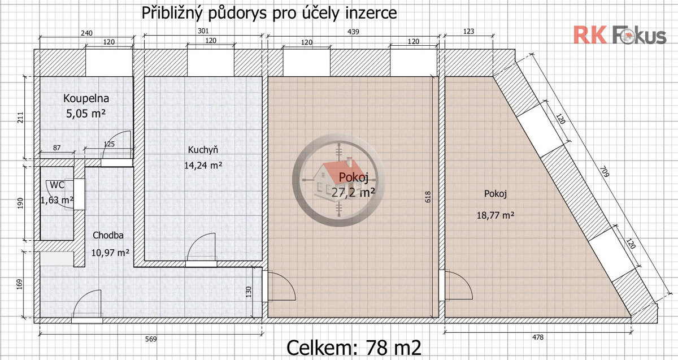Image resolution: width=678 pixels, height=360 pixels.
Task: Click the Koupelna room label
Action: tap(86, 98)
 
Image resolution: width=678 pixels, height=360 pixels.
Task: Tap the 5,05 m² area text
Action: tap(86, 114)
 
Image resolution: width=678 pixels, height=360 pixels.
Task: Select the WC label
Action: tap(57, 185)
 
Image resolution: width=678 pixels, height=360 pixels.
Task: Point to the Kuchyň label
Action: tap(203, 150)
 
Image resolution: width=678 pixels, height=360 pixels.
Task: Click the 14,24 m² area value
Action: tap(203, 166)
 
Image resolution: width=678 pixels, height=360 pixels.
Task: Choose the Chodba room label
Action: tap(108, 235)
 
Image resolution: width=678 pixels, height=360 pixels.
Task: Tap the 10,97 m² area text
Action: tap(110, 252)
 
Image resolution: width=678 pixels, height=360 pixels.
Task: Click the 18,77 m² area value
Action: tap(495, 215)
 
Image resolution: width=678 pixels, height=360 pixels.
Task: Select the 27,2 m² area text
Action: tap(353, 192)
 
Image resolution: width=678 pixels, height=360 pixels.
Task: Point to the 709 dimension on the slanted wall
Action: tap(604, 171)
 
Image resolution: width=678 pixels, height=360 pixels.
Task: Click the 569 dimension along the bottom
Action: tap(151, 339)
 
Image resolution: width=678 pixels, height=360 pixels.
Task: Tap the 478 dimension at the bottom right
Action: tap(537, 337)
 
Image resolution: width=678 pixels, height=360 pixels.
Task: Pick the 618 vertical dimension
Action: tap(428, 197)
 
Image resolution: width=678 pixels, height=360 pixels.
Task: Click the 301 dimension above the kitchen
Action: tap(203, 31)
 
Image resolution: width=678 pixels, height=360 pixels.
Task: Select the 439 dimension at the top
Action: tap(353, 32)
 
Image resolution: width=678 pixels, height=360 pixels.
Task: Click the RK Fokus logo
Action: tap(620, 35)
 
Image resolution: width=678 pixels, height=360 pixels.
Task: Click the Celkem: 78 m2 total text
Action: tap(354, 348)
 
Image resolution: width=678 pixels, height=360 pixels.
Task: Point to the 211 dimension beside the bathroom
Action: tap(20, 118)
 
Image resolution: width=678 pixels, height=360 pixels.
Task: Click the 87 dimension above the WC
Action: tap(56, 148)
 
